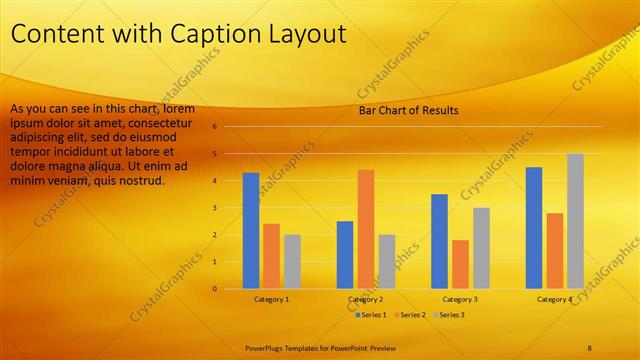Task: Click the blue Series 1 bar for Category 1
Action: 251,231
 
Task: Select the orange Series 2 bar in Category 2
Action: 366,229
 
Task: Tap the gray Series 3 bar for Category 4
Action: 575,221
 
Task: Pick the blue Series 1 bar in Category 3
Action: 439,241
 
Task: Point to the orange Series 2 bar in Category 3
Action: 460,264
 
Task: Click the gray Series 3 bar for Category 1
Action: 292,261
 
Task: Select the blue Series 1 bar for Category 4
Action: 534,228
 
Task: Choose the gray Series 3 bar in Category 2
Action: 387,261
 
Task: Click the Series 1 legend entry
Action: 371,315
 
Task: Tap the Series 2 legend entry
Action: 412,315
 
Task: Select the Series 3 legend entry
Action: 452,315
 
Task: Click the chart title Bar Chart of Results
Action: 408,110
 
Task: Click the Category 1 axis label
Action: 271,299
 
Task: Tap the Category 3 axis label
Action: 459,299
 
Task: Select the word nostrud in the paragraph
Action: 143,182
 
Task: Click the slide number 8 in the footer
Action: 590,347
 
